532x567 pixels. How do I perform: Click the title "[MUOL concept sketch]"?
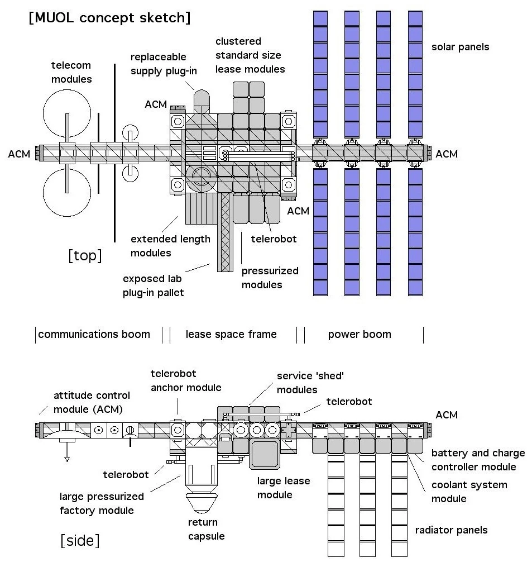(109, 17)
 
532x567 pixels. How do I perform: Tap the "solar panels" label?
(460, 47)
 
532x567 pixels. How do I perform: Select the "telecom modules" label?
(71, 73)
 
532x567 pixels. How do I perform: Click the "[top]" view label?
(85, 256)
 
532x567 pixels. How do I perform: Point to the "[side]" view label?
(80, 540)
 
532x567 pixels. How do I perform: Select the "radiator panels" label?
(451, 530)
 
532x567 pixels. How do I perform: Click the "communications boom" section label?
(94, 335)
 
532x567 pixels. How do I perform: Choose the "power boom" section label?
(360, 335)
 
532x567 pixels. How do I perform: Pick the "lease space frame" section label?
(231, 335)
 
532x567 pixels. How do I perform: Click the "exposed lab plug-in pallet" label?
(153, 285)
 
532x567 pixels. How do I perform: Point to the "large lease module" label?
(283, 487)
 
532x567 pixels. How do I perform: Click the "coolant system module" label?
(469, 491)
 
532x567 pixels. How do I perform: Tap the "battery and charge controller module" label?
(478, 460)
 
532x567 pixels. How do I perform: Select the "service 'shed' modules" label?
(310, 383)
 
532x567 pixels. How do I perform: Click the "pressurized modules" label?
(270, 278)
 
